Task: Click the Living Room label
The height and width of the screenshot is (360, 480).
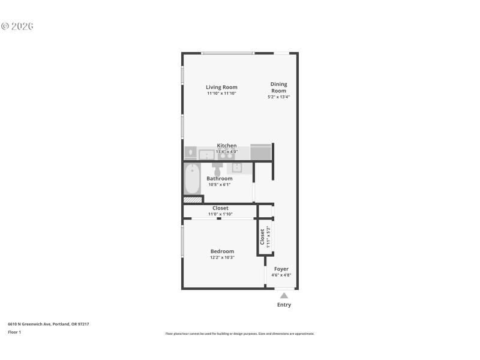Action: tap(221, 87)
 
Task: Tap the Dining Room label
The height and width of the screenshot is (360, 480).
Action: tap(278, 88)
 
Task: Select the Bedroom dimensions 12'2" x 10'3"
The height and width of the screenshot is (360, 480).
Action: tap(222, 257)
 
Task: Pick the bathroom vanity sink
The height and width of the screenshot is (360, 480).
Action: tap(236, 167)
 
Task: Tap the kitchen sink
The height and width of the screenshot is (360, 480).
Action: tap(205, 154)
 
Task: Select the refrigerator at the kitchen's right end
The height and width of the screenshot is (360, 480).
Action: tap(261, 152)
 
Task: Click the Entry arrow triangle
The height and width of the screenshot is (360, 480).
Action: tap(284, 295)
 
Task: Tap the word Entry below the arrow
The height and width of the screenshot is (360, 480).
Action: tap(284, 305)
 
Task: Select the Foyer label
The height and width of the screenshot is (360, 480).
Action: tap(281, 269)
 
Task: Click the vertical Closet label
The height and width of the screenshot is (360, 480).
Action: tap(262, 236)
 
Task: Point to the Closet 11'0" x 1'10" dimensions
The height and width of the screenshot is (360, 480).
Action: tap(220, 214)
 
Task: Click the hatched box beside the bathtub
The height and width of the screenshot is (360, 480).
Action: tap(192, 200)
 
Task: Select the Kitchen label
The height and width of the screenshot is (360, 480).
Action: tap(227, 146)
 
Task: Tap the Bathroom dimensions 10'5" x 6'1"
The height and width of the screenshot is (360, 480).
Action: tap(220, 185)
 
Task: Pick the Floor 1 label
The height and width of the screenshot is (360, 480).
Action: tap(14, 332)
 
